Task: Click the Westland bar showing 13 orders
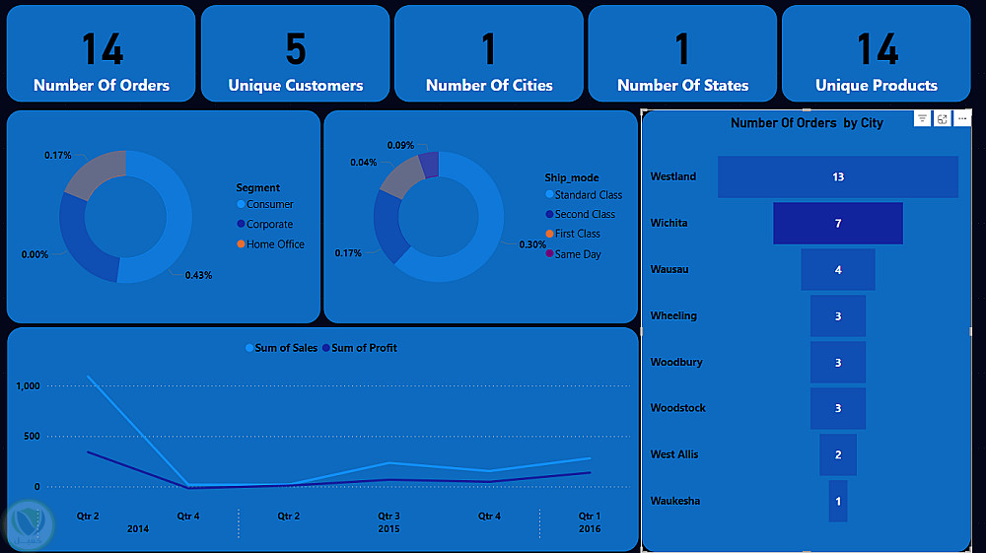837,177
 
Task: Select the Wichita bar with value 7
837,224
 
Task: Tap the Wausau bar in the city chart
837,270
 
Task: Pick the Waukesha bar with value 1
837,501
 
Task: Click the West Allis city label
675,454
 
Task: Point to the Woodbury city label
676,362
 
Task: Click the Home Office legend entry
275,244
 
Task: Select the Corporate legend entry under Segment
269,225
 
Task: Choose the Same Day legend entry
577,254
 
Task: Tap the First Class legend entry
577,234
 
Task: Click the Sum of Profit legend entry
364,348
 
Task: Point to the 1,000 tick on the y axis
27,386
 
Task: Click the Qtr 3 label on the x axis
388,516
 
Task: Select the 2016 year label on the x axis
589,529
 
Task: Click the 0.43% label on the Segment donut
198,275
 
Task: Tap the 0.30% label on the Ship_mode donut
532,245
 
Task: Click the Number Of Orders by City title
807,123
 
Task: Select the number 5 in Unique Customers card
295,48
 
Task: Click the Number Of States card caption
682,86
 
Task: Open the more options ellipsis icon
962,119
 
